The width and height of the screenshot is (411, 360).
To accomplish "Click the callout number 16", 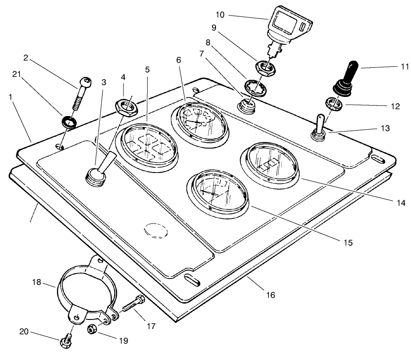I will point(271,295).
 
